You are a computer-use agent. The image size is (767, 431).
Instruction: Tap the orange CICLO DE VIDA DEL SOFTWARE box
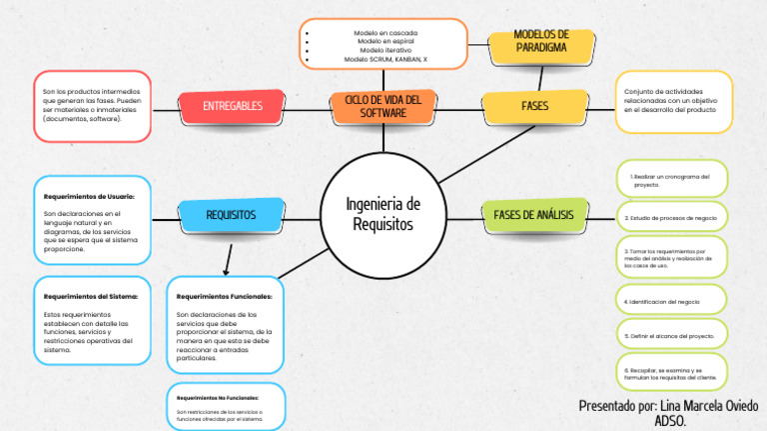pyautogui.click(x=383, y=106)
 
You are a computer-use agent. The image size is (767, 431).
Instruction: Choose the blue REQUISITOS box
pyautogui.click(x=231, y=215)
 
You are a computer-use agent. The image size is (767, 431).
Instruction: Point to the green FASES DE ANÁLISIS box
pyautogui.click(x=533, y=215)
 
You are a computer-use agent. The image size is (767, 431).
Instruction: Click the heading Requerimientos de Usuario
pyautogui.click(x=96, y=183)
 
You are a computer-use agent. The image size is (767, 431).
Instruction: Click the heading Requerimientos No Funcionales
pyautogui.click(x=217, y=397)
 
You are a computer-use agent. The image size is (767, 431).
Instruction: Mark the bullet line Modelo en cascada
pyautogui.click(x=383, y=33)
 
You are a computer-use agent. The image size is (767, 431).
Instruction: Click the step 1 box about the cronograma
pyautogui.click(x=670, y=180)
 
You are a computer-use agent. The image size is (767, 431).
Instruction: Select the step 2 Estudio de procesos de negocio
pyautogui.click(x=670, y=217)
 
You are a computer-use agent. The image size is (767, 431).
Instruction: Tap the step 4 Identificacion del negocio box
pyautogui.click(x=670, y=300)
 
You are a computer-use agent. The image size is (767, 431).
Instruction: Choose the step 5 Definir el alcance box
pyautogui.click(x=670, y=336)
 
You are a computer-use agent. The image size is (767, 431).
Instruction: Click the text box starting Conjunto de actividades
pyautogui.click(x=672, y=102)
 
